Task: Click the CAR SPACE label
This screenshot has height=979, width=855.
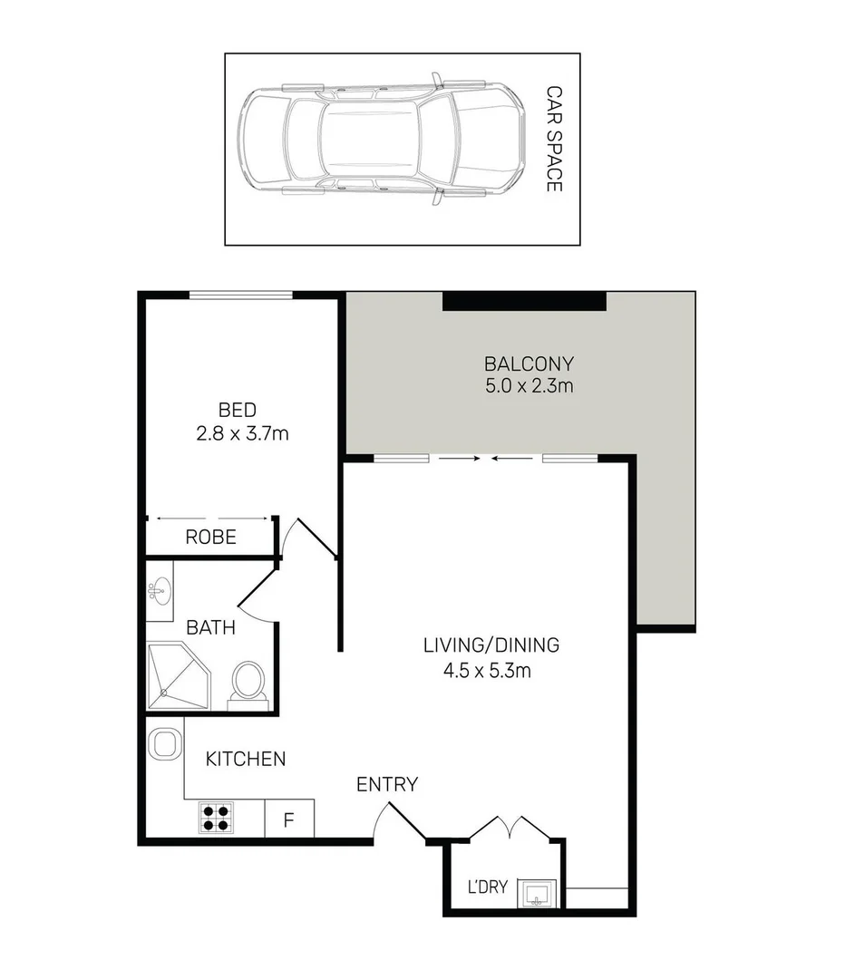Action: [553, 139]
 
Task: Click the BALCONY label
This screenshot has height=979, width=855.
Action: [529, 364]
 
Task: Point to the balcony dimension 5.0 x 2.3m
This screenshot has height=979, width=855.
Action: [529, 386]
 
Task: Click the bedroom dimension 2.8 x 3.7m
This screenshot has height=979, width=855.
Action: [242, 433]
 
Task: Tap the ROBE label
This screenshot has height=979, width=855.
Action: [210, 537]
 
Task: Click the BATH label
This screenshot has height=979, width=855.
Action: [210, 627]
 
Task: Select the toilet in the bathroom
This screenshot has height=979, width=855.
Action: [248, 683]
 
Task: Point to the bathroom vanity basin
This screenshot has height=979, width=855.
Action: [160, 591]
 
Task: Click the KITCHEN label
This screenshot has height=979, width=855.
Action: [245, 759]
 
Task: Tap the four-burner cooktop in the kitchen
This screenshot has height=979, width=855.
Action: [217, 819]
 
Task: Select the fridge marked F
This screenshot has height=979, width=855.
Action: [289, 820]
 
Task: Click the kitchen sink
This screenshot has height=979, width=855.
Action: [163, 744]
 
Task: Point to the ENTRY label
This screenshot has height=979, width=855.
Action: [386, 785]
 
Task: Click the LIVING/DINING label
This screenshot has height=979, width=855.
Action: [491, 646]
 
